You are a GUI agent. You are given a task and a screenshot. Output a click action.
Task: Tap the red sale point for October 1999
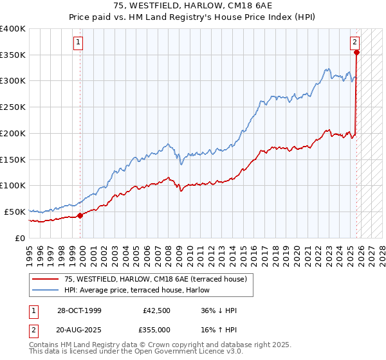80,216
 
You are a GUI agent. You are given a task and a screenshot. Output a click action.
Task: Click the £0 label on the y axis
19,238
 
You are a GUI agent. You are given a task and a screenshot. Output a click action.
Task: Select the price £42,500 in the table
157,310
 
